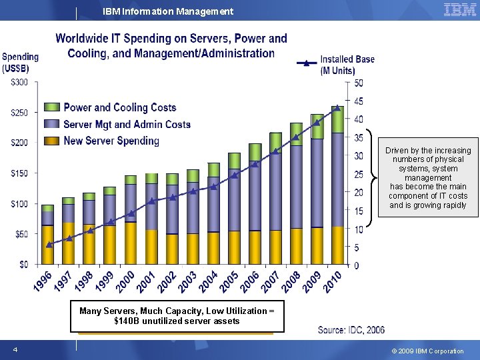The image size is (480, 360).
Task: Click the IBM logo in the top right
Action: tap(459, 10)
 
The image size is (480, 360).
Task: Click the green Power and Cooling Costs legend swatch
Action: tap(53, 107)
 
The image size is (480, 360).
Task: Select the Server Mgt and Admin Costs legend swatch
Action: tap(53, 124)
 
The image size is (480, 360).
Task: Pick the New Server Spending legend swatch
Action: tap(53, 141)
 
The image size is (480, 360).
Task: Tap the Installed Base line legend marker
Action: tap(306, 63)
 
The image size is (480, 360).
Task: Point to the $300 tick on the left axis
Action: tap(19, 82)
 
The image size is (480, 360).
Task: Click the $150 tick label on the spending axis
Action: tap(19, 173)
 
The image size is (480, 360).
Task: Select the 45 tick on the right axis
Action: tap(358, 101)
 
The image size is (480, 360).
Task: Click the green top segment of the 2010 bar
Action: tap(337, 120)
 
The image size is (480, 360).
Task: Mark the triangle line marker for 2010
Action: tap(337, 108)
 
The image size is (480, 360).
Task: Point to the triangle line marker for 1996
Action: tap(49, 245)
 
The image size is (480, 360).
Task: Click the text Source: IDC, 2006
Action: tap(351, 329)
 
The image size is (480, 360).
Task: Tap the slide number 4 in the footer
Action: tap(15, 350)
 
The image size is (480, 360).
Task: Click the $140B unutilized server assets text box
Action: tap(177, 316)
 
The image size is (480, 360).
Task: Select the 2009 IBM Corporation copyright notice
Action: tap(427, 351)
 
